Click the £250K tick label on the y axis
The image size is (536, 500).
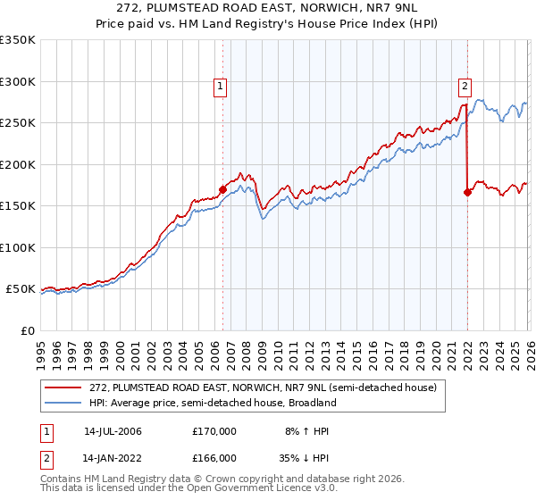point(18,123)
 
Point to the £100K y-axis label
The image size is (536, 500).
point(18,247)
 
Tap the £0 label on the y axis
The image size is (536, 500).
point(27,330)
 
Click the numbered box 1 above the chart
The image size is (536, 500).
point(221,87)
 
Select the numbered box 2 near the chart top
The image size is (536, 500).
point(465,87)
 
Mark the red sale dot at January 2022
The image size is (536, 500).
point(467,192)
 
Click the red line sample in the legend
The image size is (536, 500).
point(64,387)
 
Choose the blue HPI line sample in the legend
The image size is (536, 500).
point(64,403)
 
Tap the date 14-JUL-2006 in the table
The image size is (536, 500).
point(113,431)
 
